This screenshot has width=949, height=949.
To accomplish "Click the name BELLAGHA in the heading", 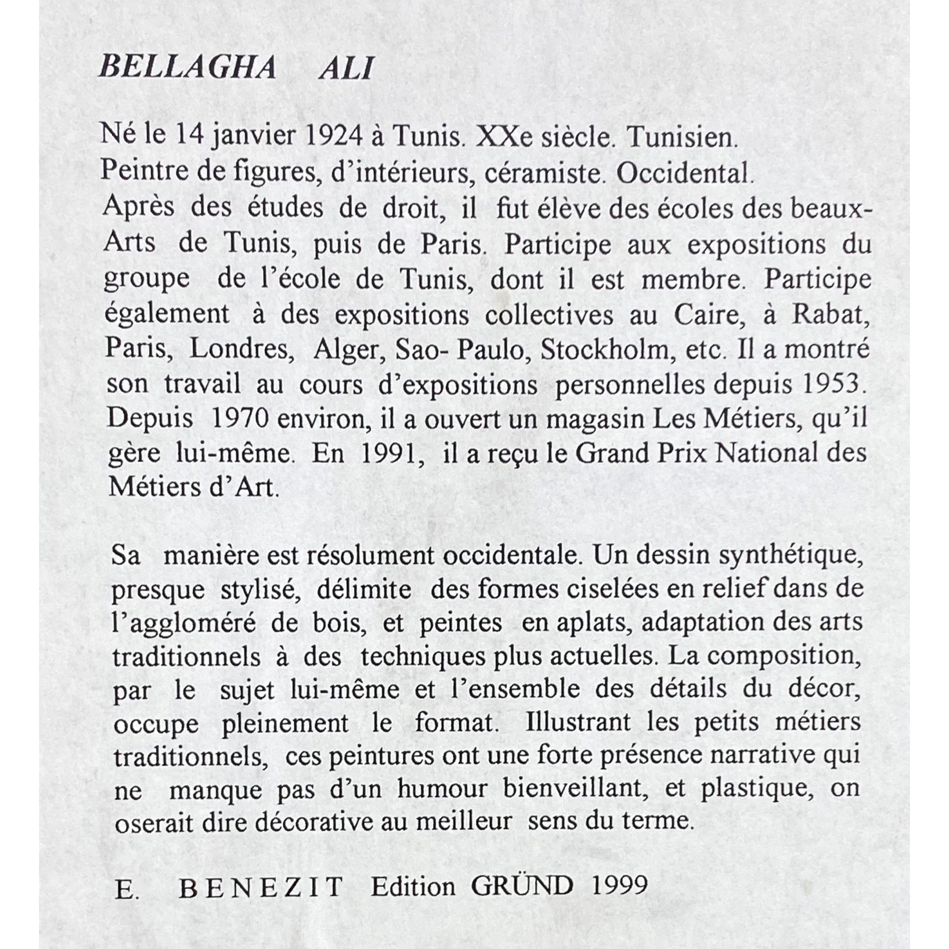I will [188, 68].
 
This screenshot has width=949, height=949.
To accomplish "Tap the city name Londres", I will [241, 349].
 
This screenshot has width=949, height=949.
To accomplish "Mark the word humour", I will [442, 789].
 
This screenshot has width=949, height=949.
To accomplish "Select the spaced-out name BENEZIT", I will [262, 887].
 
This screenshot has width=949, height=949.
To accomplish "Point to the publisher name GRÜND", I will [521, 886].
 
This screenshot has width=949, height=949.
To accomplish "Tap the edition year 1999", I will [619, 886].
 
